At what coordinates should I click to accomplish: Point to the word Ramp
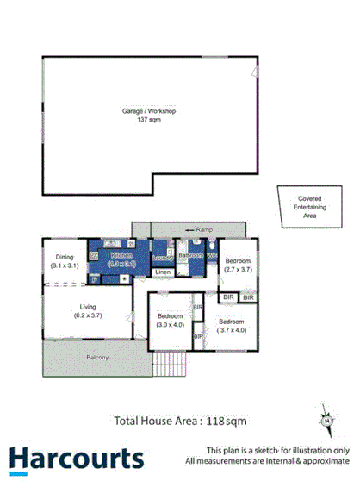(x=204, y=230)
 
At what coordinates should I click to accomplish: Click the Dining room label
(x=65, y=257)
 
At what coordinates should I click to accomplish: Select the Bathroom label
(x=189, y=256)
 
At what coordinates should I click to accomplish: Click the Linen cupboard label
(x=162, y=273)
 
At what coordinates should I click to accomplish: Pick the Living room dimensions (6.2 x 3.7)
(x=89, y=315)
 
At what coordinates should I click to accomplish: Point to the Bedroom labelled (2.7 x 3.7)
(x=238, y=260)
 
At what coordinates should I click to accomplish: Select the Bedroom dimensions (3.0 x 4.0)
(x=171, y=326)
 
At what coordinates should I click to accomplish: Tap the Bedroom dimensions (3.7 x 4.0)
(x=233, y=330)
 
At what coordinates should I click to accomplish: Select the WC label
(x=210, y=256)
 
